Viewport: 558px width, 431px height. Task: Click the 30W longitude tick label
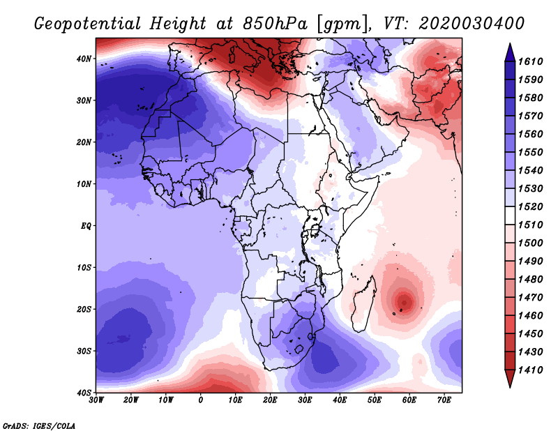[96, 400]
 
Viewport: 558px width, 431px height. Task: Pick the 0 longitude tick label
[201, 400]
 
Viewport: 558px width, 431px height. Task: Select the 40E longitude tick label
[340, 400]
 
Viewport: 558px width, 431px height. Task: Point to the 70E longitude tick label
[444, 400]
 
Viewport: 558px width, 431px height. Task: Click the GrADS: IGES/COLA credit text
[39, 425]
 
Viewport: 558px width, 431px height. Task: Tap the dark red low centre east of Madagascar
[404, 301]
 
